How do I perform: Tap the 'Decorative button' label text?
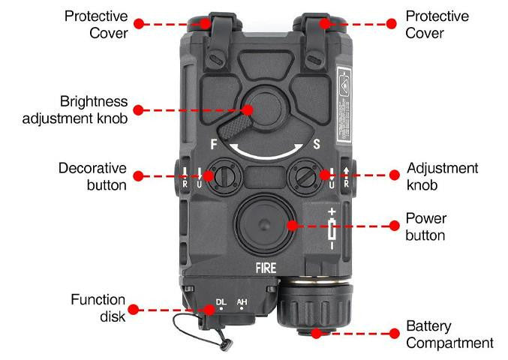93,176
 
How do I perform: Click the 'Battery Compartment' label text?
449,335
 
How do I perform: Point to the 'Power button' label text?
425,226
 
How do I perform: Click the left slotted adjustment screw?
223,176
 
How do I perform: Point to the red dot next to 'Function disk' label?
134,308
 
